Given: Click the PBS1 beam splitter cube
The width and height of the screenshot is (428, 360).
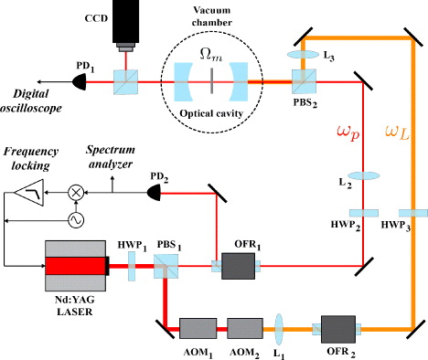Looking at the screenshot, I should [x=167, y=267].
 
